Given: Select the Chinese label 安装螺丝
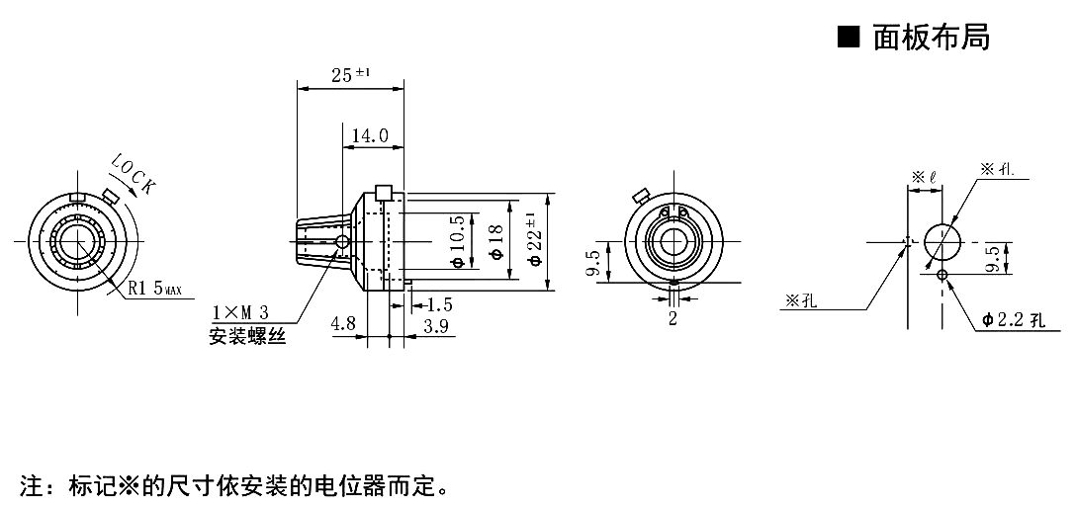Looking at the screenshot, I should tap(247, 337).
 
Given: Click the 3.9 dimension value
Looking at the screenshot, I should tap(436, 323).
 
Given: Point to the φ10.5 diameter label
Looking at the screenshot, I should tap(457, 242).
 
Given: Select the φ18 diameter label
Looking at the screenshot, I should tap(494, 242).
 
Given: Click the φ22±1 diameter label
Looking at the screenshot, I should tap(534, 240).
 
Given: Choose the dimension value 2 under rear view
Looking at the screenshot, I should tap(672, 318).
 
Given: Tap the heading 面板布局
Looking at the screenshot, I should tap(931, 38).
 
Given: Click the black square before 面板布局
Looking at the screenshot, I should tap(849, 38).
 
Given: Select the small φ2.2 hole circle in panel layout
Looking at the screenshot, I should tap(941, 275).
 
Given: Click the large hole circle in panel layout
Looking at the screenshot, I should tap(941, 241).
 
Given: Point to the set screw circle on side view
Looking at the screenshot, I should tap(342, 241).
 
